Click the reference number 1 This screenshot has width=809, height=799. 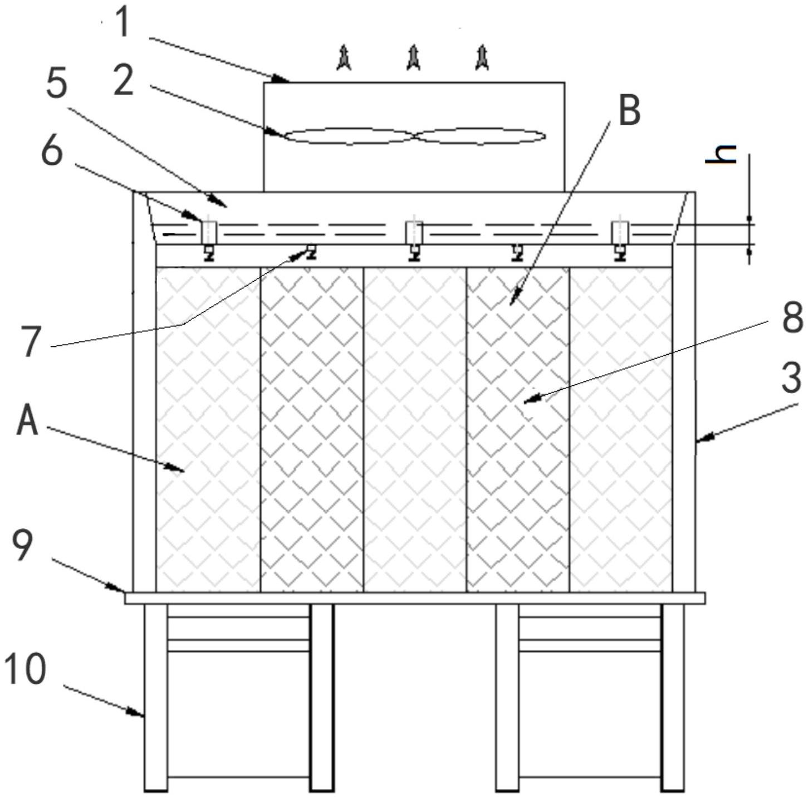[x=123, y=24]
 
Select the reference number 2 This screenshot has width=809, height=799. [x=123, y=80]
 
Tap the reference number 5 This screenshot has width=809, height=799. [x=56, y=84]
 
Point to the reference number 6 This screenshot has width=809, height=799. [x=52, y=150]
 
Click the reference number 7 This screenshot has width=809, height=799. [x=31, y=341]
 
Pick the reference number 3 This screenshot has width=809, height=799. [x=791, y=378]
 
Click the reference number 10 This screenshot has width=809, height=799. [x=25, y=669]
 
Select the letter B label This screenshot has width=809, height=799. [x=630, y=111]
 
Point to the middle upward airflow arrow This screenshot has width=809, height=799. [x=413, y=58]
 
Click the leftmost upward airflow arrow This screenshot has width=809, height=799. [x=344, y=58]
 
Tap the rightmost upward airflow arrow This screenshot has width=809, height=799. [x=482, y=58]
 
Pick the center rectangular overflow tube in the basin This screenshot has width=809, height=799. [x=414, y=232]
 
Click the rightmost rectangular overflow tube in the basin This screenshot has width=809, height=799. [x=620, y=232]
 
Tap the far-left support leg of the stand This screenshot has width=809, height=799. [x=156, y=696]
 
